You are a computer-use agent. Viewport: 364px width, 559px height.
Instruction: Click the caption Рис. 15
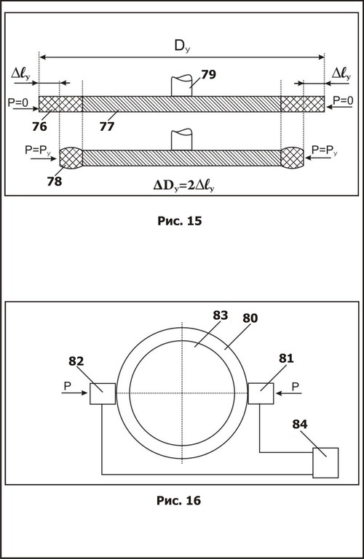click(180, 221)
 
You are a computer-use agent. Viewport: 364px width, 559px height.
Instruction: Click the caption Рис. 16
click(179, 501)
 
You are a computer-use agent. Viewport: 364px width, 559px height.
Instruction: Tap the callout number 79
click(208, 74)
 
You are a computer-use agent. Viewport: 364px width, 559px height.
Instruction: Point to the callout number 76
click(39, 126)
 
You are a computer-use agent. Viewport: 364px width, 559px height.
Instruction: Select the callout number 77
click(107, 126)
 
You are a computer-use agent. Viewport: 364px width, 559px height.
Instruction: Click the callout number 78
click(55, 181)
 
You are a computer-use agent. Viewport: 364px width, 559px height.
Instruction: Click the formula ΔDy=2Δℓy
click(183, 185)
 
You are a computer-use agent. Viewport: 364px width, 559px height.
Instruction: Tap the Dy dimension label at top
click(182, 47)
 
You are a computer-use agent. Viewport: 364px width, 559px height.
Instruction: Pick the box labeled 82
click(103, 393)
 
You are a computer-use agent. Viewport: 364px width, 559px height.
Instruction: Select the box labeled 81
click(261, 393)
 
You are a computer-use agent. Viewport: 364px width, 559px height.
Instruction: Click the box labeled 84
click(325, 463)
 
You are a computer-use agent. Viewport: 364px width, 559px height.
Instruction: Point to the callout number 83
click(221, 315)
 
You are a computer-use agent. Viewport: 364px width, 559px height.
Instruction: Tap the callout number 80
click(250, 318)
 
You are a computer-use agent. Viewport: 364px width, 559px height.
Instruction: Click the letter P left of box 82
click(67, 386)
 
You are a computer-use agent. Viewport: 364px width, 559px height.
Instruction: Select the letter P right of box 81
click(296, 387)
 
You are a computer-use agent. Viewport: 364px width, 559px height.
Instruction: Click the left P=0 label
click(18, 102)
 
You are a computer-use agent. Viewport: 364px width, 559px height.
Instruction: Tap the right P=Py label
click(325, 150)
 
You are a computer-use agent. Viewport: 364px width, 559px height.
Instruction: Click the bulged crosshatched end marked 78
click(71, 158)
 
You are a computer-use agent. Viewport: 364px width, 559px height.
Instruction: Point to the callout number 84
click(300, 424)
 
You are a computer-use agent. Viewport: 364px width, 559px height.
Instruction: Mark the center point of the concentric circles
click(182, 393)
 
